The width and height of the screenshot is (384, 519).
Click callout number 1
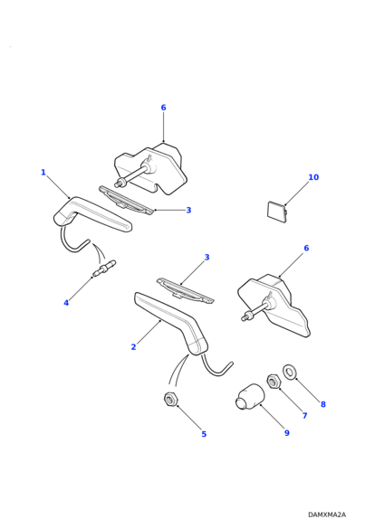[43, 173]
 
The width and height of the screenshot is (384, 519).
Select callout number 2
[133, 347]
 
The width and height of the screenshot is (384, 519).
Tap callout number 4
[66, 303]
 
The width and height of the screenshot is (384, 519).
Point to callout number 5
[204, 434]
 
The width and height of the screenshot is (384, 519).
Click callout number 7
[304, 415]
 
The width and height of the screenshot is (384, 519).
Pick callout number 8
[323, 404]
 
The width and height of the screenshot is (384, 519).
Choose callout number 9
[287, 432]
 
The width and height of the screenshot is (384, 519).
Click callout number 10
[313, 177]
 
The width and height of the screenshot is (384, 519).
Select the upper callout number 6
[163, 108]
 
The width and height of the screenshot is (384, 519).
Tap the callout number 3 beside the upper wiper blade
[188, 210]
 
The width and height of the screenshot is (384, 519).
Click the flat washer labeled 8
[290, 372]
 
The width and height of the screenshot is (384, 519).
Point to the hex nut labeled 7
[274, 382]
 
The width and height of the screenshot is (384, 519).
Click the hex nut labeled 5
[171, 399]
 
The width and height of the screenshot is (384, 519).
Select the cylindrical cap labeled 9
[250, 397]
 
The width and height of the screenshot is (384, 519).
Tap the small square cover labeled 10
[277, 211]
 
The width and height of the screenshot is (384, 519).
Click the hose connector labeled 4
[104, 268]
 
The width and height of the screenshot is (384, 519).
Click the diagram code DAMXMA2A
[327, 514]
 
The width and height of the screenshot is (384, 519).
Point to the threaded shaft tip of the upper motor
[117, 184]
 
